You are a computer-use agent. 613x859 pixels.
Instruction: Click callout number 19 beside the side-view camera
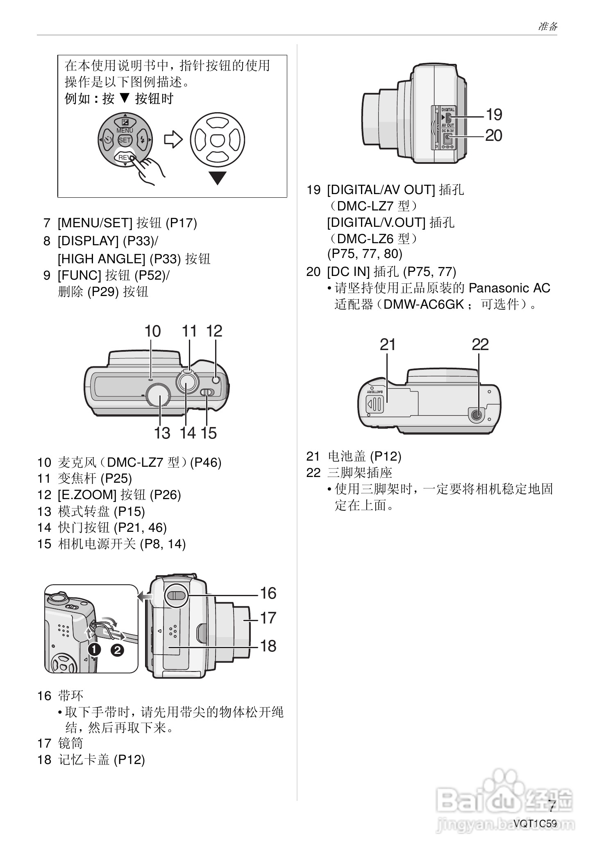pos(494,115)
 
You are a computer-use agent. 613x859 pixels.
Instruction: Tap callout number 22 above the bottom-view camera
pos(480,344)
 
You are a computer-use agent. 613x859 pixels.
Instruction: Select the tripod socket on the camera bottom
pos(476,416)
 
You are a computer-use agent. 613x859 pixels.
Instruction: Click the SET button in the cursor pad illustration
pos(125,140)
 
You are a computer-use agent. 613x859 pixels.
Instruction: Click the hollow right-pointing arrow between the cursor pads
pos(173,140)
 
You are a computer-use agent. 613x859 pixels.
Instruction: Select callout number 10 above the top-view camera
pos(152,331)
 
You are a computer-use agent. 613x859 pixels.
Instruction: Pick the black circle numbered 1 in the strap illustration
pos(94,650)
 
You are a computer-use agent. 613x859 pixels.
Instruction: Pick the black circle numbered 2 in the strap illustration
pos(117,650)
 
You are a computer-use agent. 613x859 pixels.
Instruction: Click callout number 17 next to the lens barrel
pos(268,618)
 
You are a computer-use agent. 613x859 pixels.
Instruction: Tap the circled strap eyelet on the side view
pos(176,595)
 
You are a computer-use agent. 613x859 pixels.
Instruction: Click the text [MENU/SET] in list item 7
pos(95,223)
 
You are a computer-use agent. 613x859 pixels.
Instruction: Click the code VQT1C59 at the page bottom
pos(535,823)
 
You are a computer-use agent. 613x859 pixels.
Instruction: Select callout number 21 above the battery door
pos(387,344)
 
